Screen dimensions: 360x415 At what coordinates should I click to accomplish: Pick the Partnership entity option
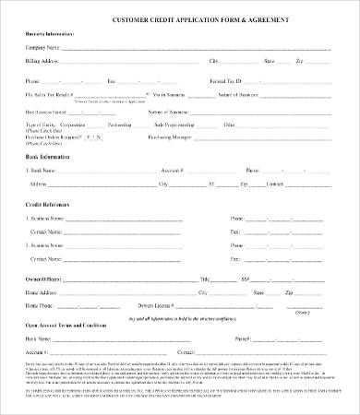(x=137, y=123)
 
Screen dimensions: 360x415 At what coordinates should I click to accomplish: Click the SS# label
(x=246, y=278)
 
